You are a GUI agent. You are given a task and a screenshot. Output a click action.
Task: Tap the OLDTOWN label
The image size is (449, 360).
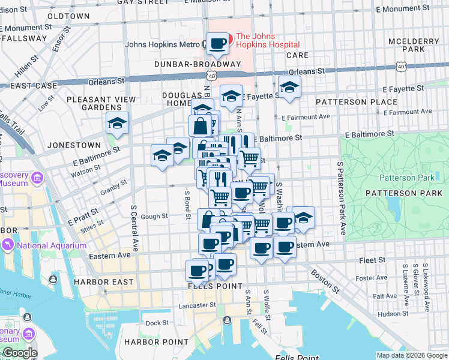point(68,16)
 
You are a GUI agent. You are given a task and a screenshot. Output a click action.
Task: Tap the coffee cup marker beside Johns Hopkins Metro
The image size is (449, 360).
point(218,43)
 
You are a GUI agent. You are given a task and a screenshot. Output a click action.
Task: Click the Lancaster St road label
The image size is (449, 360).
point(197,305)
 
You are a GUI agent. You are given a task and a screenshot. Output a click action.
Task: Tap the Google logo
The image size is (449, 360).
point(20,353)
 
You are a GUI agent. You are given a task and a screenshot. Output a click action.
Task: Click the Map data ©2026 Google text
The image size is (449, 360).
point(411,355)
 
